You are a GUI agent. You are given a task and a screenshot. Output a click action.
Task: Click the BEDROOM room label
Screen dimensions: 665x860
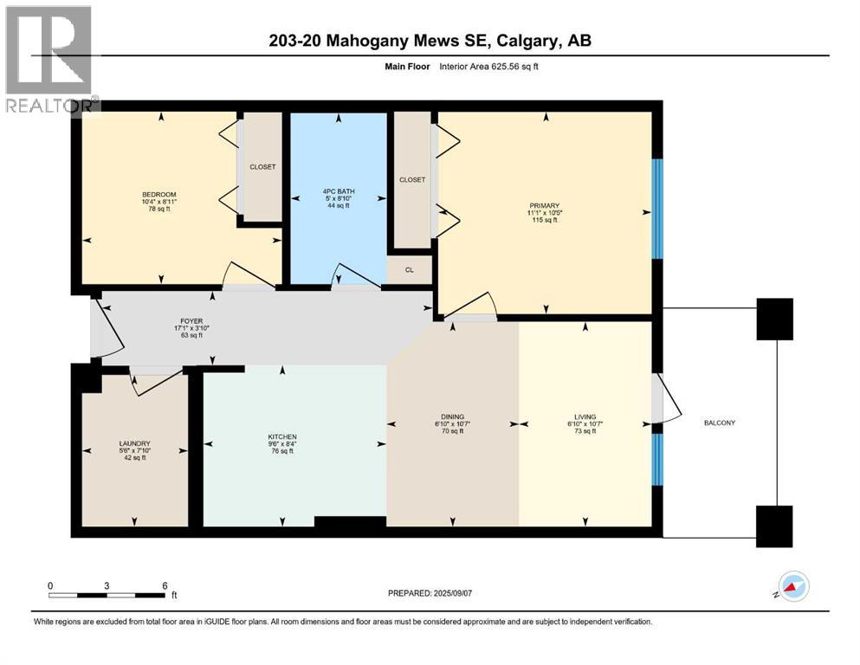click(160, 194)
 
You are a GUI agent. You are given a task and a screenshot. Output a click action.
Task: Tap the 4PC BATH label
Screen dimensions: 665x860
click(338, 190)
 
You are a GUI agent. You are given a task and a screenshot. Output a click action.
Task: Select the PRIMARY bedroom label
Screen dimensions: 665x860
click(543, 206)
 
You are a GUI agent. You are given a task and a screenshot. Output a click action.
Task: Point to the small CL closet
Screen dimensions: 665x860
click(410, 269)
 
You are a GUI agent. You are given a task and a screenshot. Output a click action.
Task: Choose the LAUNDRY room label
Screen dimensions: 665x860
click(134, 443)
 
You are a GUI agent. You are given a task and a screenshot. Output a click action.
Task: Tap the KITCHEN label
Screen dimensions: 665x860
click(282, 436)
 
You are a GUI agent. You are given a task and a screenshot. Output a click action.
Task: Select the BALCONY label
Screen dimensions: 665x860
click(719, 423)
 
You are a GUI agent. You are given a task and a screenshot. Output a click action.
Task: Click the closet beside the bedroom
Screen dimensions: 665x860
click(262, 166)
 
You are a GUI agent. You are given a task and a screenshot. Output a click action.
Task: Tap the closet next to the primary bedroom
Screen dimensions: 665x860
click(412, 179)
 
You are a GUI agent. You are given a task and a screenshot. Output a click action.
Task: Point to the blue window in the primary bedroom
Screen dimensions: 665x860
click(656, 209)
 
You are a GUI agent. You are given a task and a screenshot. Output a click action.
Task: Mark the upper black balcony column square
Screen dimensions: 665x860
click(774, 319)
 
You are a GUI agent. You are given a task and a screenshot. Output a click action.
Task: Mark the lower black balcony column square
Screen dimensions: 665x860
click(774, 526)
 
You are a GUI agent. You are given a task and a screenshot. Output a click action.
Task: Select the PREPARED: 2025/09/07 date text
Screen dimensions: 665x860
click(436, 593)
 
